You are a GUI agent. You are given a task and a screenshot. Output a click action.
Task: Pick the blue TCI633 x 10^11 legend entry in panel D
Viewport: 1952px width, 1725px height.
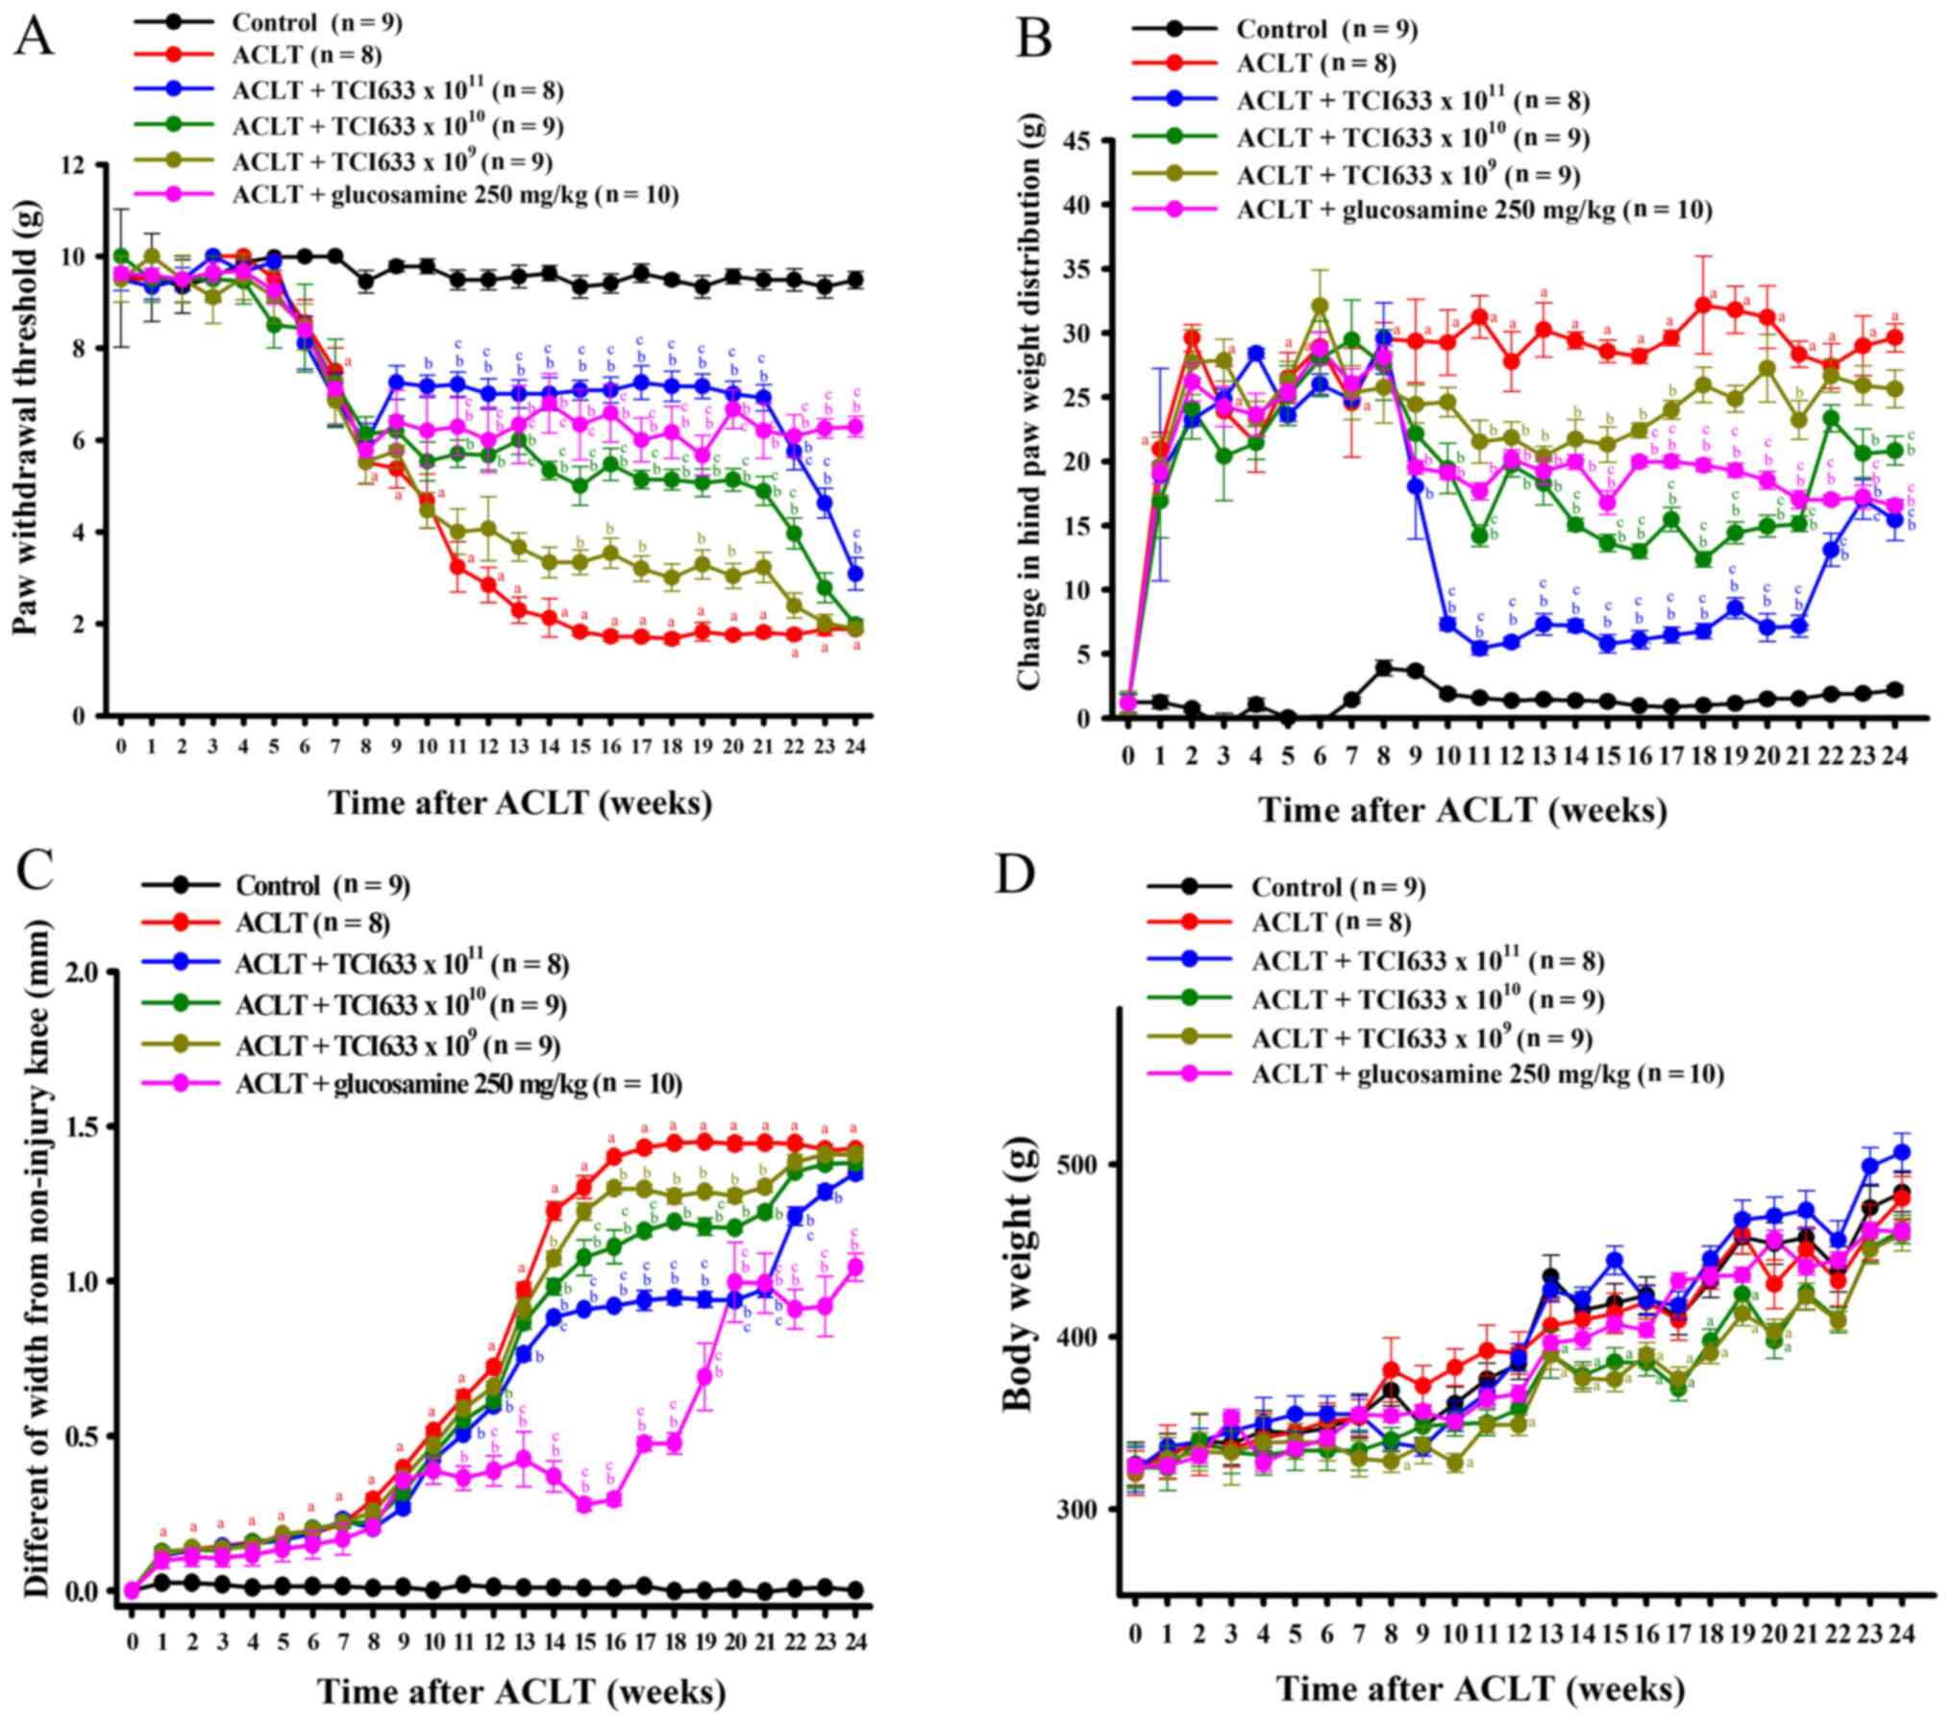point(1427,960)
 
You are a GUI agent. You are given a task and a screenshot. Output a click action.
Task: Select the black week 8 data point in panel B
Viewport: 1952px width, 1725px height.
point(1384,668)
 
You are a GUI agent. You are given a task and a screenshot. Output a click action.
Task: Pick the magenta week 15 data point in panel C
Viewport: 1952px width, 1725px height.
point(583,1505)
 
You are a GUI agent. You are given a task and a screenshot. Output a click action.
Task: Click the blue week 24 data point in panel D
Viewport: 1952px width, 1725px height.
point(1901,1152)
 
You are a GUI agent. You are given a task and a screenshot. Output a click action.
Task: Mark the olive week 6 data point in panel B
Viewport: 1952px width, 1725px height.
point(1321,307)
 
